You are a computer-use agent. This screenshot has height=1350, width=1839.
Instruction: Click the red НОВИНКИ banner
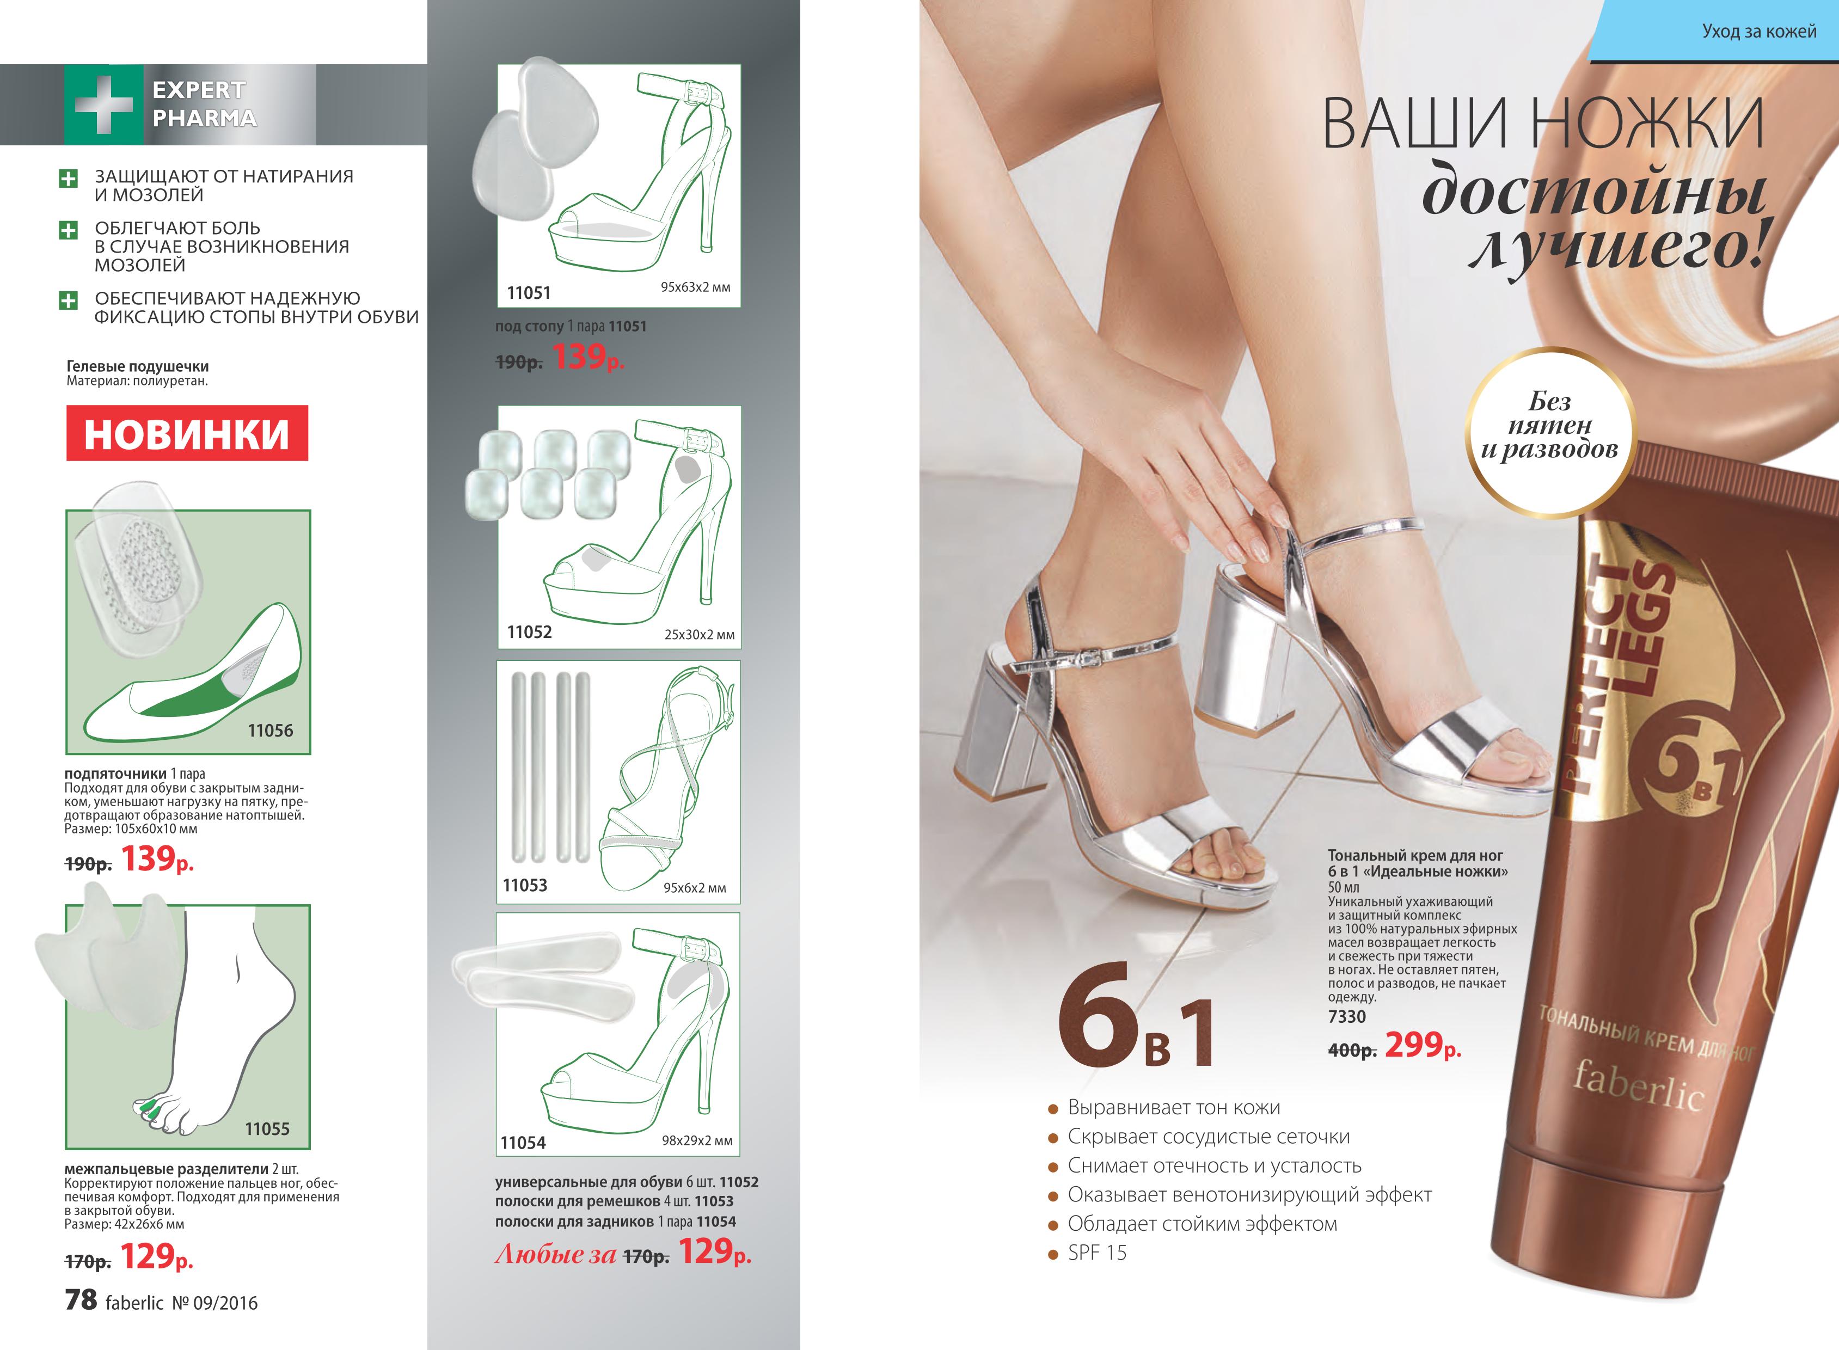187,433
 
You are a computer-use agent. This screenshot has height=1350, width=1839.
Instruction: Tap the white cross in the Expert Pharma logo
103,104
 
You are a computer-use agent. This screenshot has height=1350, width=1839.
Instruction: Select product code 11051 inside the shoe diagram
529,292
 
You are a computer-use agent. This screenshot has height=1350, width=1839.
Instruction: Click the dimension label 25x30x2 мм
699,634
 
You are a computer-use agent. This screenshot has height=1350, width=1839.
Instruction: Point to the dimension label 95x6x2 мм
695,887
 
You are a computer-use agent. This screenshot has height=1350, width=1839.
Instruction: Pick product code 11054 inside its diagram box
523,1143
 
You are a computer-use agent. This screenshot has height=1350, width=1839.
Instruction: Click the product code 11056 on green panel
271,731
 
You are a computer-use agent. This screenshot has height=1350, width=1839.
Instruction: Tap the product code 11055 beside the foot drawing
267,1128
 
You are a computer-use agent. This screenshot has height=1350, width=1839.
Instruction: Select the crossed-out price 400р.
1352,1050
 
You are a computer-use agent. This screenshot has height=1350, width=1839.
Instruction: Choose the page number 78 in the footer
81,1300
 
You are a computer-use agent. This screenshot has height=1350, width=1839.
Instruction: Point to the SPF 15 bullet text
1097,1253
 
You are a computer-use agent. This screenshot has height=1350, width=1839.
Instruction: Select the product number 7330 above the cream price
1347,1017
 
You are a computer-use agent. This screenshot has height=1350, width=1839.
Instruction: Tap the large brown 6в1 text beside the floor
1136,1017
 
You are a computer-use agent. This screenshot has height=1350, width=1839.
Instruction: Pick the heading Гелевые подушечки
137,366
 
